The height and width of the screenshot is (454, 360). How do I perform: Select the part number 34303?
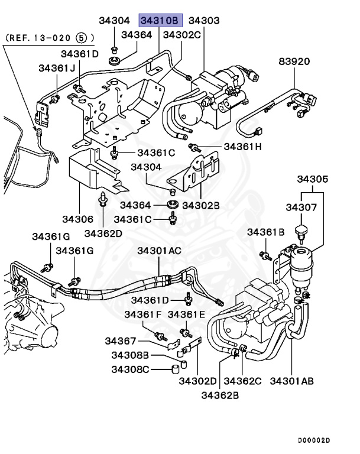204,21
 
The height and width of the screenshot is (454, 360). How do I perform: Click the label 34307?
301,207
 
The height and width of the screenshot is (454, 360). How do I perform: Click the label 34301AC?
160,251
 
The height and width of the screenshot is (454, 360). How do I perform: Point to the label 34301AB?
292,380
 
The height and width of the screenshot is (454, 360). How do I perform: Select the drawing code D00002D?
314,441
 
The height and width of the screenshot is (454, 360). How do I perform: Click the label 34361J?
57,68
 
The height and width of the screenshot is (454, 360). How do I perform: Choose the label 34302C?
181,35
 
